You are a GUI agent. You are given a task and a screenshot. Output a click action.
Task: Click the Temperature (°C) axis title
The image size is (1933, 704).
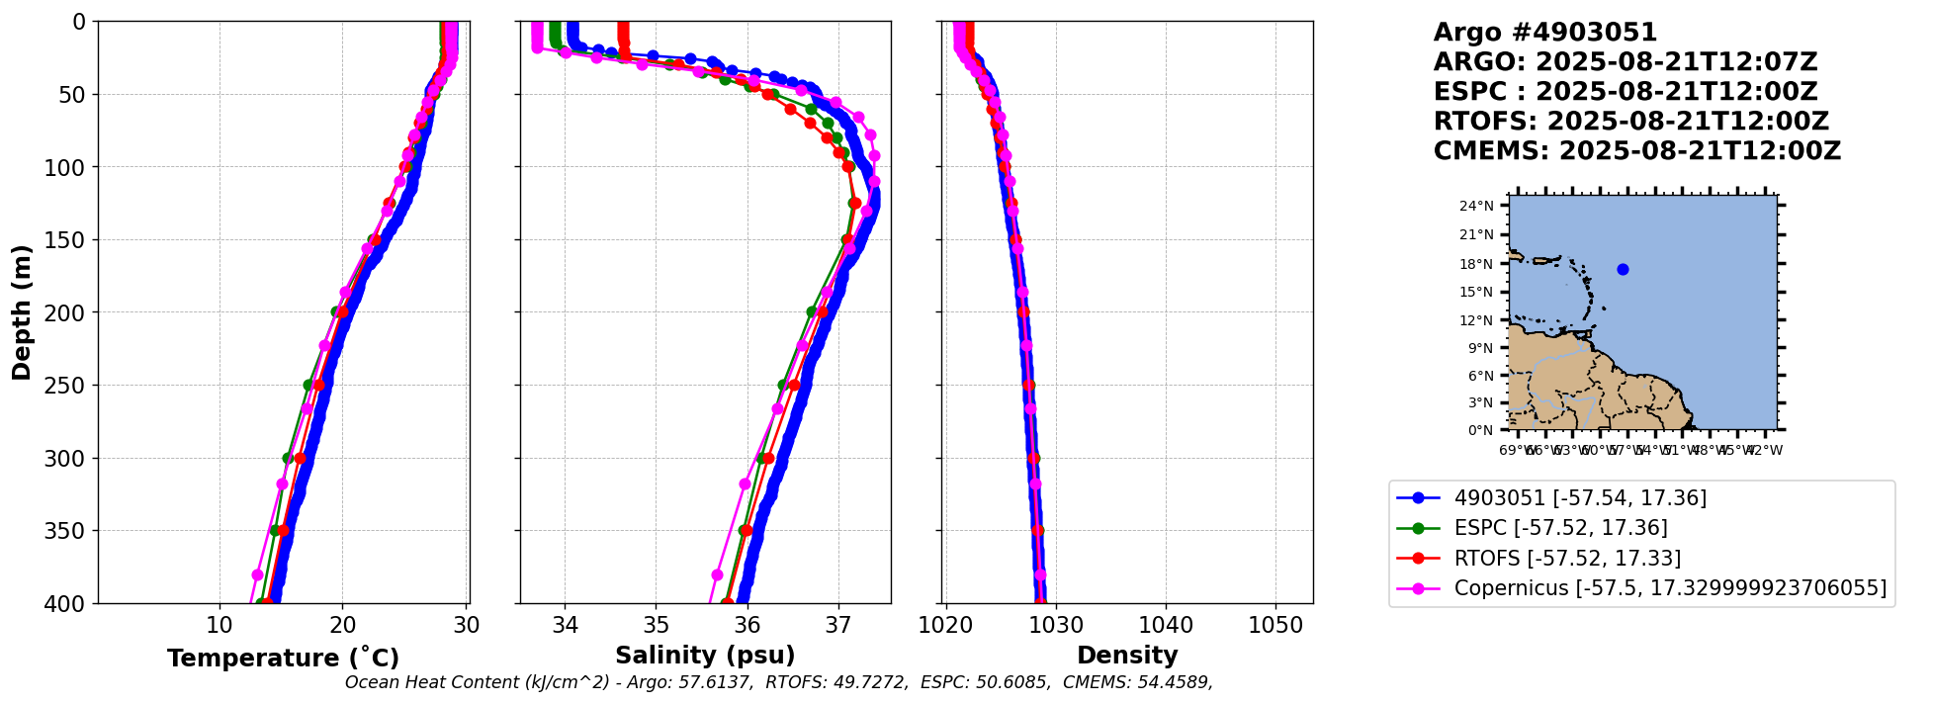coord(283,659)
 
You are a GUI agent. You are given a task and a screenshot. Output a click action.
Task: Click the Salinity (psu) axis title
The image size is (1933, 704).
coord(705,656)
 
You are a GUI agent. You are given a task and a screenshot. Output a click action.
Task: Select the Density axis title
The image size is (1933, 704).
coord(1127,656)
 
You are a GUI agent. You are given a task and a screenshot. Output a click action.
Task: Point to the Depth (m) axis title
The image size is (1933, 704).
coord(22,311)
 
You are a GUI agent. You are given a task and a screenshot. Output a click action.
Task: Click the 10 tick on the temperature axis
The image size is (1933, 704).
coord(220,626)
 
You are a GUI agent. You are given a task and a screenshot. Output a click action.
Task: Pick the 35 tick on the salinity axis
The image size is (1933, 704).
coord(657,626)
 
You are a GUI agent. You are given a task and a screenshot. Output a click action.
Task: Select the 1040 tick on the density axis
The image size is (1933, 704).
coord(1166,626)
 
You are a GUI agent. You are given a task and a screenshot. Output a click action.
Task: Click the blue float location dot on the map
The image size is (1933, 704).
coord(1623,269)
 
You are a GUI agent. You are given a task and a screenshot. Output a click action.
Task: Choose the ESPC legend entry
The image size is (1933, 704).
coord(1560,528)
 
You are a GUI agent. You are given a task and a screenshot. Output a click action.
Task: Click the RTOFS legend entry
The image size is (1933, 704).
coord(1567,559)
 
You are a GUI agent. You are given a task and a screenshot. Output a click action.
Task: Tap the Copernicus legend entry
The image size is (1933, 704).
coord(1670,588)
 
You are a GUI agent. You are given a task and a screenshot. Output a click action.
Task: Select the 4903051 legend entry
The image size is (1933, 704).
coord(1580,498)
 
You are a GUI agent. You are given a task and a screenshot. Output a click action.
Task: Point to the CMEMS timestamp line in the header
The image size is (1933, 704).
coord(1637,151)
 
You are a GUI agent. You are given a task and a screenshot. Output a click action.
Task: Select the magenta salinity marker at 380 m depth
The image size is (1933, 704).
coord(718,574)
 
